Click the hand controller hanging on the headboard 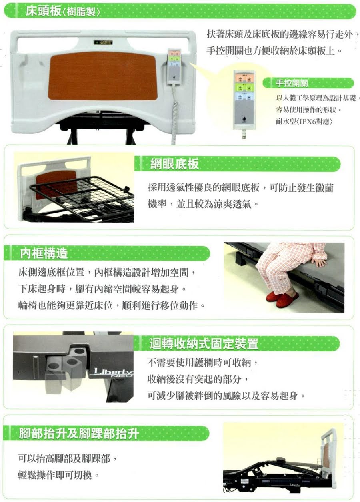click(x=174, y=66)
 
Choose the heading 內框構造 click(x=44, y=253)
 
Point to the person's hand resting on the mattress click(x=319, y=262)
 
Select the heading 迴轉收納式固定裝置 click(x=204, y=344)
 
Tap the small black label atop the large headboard click(x=102, y=42)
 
